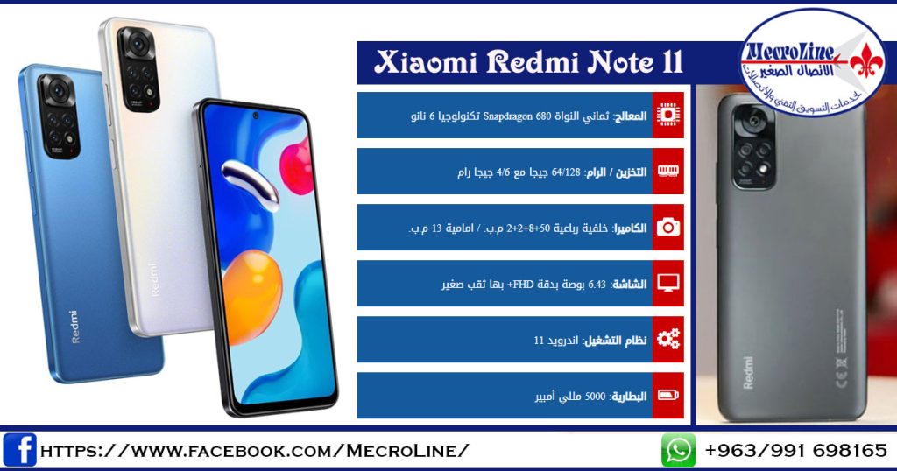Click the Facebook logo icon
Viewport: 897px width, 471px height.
point(19,450)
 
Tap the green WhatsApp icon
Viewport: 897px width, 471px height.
point(679,450)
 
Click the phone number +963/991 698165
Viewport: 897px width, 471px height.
point(795,450)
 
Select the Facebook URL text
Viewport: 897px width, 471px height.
point(255,450)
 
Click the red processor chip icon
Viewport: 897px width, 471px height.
point(668,115)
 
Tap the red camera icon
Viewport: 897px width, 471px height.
point(668,228)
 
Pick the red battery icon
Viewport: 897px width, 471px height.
point(668,395)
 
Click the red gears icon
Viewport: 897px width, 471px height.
point(668,339)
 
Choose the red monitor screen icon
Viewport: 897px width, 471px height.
point(668,283)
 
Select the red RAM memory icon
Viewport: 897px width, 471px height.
point(668,171)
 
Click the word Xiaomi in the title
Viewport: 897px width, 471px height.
point(426,62)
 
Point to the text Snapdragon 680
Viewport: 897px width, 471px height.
point(517,116)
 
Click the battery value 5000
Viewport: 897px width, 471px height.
point(595,396)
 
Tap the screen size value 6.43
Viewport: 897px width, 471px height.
point(597,284)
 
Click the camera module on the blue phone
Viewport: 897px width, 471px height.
point(59,116)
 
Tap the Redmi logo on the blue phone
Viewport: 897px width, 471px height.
point(74,327)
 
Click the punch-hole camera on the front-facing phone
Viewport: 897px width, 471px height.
point(256,116)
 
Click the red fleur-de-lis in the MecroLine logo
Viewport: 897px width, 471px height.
point(866,60)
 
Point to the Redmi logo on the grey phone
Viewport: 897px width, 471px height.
point(748,373)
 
